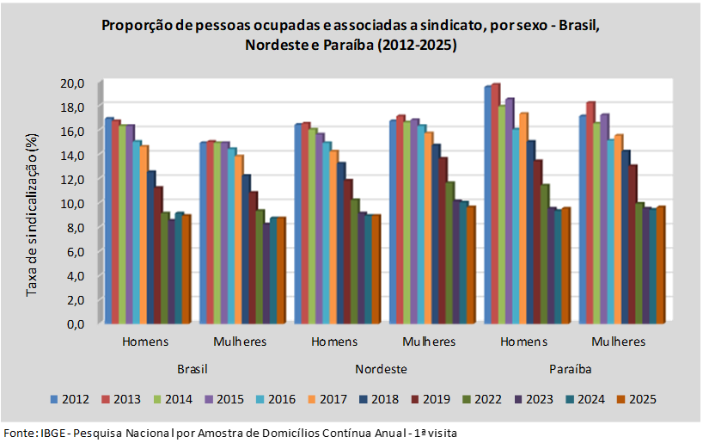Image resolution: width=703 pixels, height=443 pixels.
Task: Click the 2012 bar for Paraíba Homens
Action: (488, 205)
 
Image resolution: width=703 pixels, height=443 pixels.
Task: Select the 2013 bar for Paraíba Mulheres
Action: (590, 212)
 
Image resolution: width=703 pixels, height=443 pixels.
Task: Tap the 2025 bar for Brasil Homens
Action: (186, 269)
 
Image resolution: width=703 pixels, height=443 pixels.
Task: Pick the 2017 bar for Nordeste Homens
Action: (333, 237)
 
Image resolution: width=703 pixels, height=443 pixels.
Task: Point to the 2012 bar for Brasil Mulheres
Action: (204, 232)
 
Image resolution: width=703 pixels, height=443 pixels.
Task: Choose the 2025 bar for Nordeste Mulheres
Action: (470, 265)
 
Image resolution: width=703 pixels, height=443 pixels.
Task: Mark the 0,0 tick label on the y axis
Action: (76, 324)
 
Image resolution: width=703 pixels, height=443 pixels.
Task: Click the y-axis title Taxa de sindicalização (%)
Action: (33, 215)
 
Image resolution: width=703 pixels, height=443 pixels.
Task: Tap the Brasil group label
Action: (193, 369)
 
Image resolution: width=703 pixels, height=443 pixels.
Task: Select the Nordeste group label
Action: (381, 369)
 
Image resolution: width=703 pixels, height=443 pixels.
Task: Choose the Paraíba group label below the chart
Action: (571, 369)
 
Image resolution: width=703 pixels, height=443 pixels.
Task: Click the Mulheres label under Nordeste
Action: (429, 341)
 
